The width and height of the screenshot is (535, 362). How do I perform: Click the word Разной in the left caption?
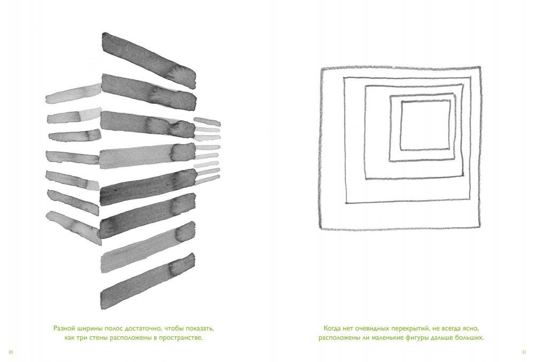(64, 328)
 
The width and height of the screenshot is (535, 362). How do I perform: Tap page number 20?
(11, 352)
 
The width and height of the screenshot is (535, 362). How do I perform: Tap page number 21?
(524, 352)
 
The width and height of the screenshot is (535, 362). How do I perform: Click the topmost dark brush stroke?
(149, 60)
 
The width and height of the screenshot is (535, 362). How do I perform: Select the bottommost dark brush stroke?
(148, 281)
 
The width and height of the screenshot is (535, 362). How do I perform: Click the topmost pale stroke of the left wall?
(73, 93)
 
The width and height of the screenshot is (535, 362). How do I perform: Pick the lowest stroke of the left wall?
(74, 227)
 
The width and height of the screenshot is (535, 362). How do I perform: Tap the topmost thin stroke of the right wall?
(207, 121)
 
